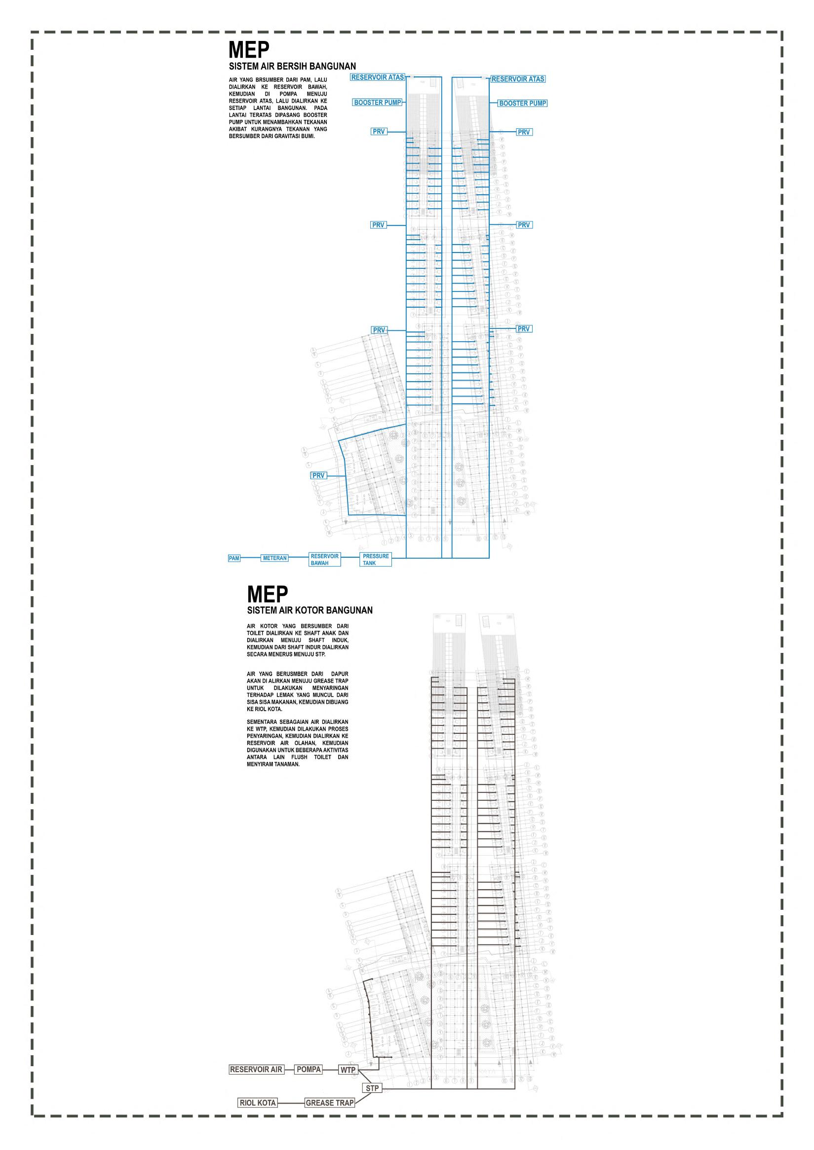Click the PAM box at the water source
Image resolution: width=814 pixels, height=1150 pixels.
pos(234,558)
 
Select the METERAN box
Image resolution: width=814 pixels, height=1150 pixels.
pos(274,558)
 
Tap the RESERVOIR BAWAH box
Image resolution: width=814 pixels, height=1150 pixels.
pos(325,560)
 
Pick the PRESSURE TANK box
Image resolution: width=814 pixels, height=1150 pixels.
pos(376,560)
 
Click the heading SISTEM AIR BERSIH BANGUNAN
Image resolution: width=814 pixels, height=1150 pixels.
pos(292,66)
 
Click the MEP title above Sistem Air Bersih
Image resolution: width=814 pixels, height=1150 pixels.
pos(249,50)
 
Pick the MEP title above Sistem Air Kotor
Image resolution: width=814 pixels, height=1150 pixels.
pos(268,595)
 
